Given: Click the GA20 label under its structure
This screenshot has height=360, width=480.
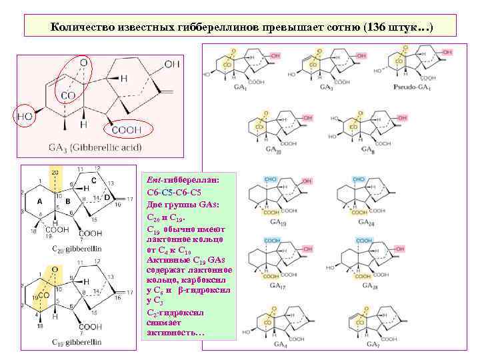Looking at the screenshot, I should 274,151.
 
